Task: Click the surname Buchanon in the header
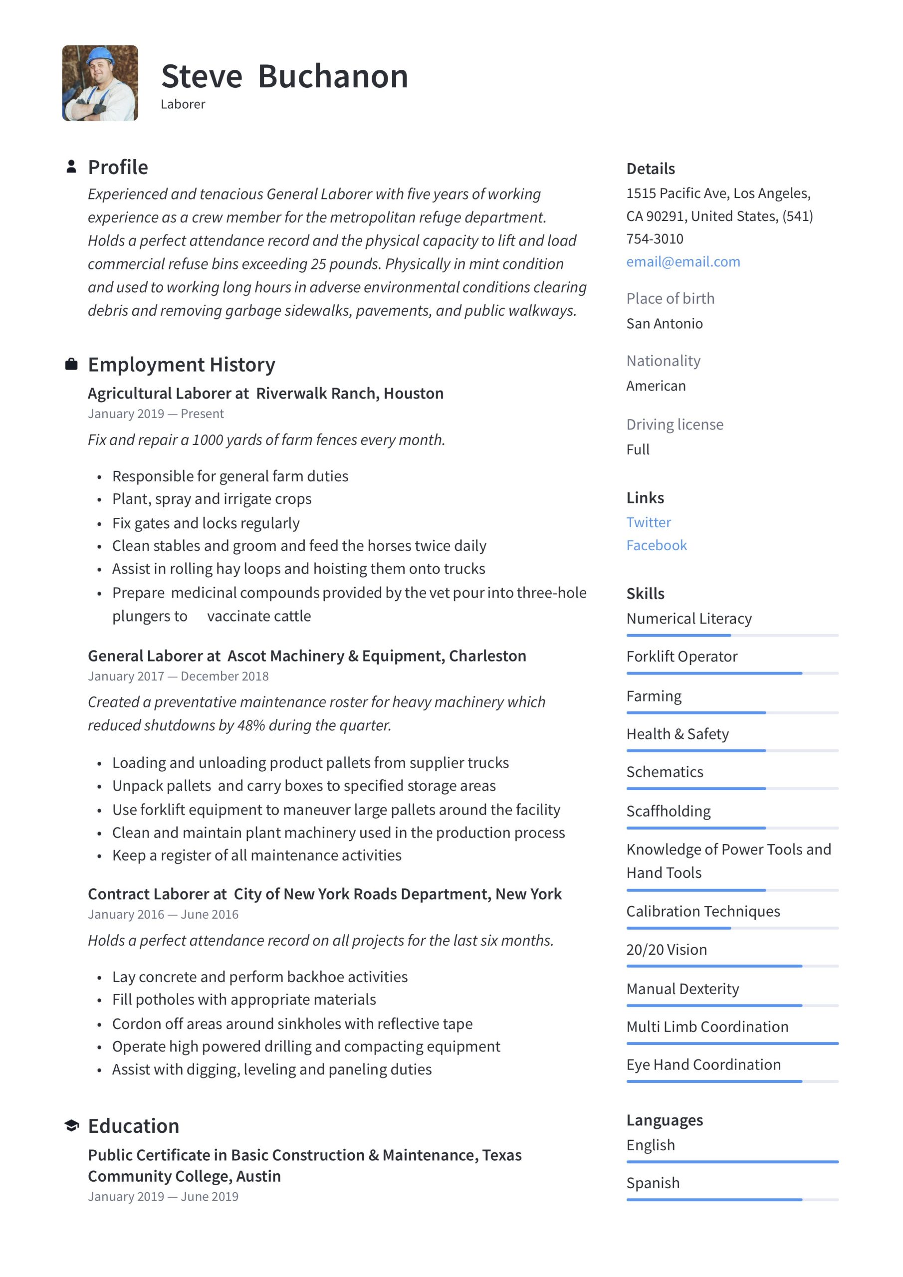(333, 76)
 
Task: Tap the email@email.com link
(682, 261)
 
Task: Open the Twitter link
(648, 522)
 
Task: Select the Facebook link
(656, 545)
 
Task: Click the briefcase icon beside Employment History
(71, 364)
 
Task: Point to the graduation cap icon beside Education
(71, 1126)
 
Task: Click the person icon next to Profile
(71, 166)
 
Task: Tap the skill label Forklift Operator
(681, 656)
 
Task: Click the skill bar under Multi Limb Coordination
(732, 1044)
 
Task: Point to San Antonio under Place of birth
(665, 323)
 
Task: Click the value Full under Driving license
(638, 449)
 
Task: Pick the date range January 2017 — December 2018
(178, 676)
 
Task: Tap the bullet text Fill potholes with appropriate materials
(243, 1000)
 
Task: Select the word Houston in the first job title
(414, 393)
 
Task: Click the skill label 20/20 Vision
(666, 949)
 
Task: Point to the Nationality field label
(663, 361)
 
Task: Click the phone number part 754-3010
(654, 238)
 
